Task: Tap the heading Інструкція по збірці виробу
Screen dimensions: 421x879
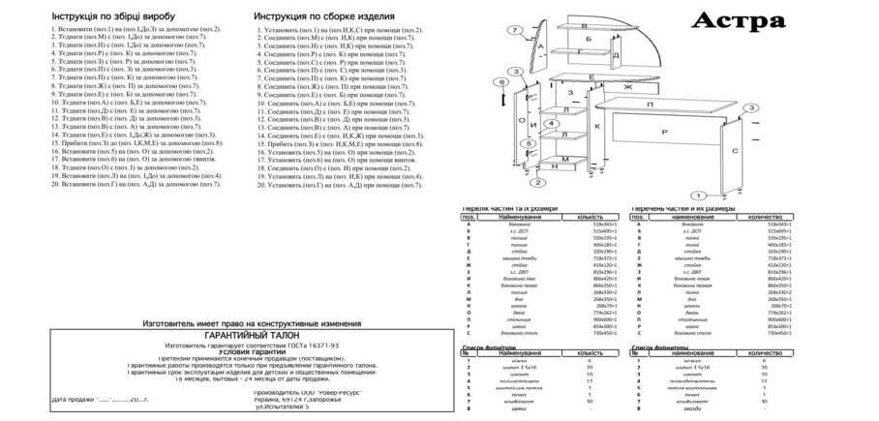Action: tap(109, 17)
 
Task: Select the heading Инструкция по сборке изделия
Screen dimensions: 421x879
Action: tap(323, 17)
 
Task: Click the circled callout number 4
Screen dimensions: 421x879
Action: tap(551, 123)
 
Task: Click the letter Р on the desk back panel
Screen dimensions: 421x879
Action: tap(665, 131)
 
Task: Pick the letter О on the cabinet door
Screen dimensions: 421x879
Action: tap(521, 121)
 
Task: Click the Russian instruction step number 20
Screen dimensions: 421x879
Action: tap(260, 183)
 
